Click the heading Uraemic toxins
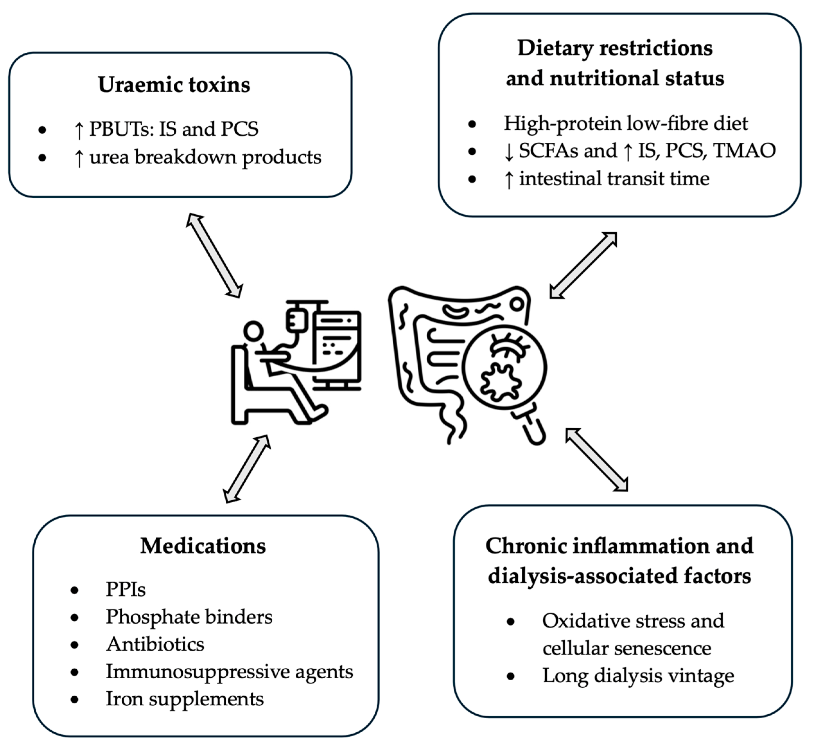coord(174,85)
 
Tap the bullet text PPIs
coord(126,589)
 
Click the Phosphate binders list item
coord(189,617)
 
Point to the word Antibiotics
coord(155,644)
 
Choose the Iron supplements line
coord(185,699)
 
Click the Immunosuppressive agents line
coord(230,672)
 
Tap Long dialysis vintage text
coord(638,676)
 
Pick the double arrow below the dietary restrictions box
coord(583,265)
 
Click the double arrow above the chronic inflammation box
coord(597,460)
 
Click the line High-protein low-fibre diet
coord(626,123)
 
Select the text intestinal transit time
coord(614,178)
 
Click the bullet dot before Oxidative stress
coord(511,621)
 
